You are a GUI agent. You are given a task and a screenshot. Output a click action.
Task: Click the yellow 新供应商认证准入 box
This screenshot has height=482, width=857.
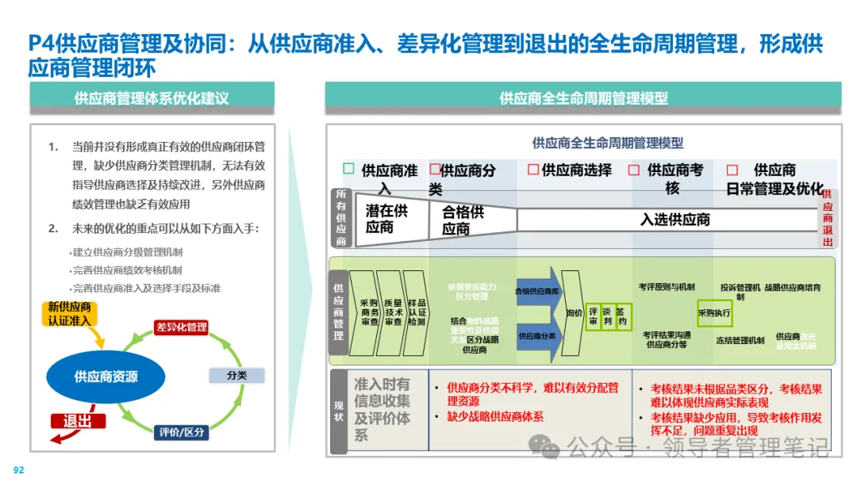[x=71, y=314]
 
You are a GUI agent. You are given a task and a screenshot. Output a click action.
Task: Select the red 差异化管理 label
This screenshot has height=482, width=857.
[x=182, y=327]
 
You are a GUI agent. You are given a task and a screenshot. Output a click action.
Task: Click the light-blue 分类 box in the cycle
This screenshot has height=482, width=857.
[x=236, y=375]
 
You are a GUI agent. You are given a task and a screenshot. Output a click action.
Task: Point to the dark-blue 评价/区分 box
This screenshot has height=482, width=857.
[x=182, y=432]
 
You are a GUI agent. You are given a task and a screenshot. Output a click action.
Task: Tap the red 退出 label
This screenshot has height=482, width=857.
[x=78, y=421]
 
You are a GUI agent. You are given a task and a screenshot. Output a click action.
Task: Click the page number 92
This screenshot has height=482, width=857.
[x=18, y=470]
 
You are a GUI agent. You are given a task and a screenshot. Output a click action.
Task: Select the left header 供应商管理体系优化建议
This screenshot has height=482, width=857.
[x=152, y=98]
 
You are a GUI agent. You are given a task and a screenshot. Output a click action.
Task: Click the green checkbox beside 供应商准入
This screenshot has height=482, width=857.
[x=348, y=169]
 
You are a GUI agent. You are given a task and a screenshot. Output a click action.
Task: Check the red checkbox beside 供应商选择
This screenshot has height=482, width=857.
[x=533, y=170]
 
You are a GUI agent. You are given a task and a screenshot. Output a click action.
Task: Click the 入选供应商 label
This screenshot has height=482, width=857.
[x=674, y=220]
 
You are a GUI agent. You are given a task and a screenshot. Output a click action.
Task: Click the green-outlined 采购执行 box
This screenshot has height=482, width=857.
[x=714, y=313]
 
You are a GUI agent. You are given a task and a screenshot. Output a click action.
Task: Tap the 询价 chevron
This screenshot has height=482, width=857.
[x=574, y=313]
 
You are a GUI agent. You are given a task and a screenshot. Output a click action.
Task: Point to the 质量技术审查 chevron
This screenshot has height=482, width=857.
[x=391, y=313]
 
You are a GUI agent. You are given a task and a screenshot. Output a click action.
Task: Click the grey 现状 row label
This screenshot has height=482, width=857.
[x=339, y=411]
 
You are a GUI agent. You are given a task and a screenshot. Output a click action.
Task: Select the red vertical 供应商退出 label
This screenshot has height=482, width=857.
[x=828, y=218]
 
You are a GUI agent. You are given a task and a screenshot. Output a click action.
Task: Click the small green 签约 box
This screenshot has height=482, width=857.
[x=623, y=316]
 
